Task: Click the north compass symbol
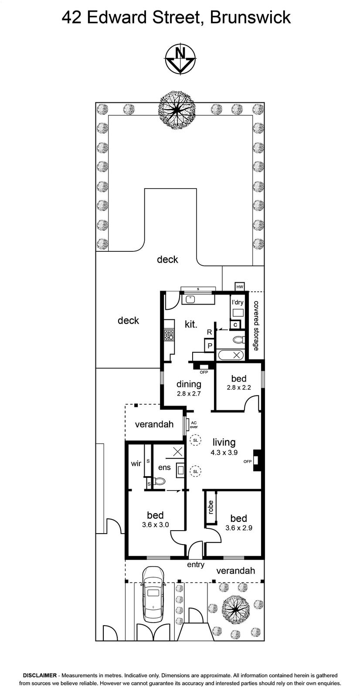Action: pyautogui.click(x=178, y=60)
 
